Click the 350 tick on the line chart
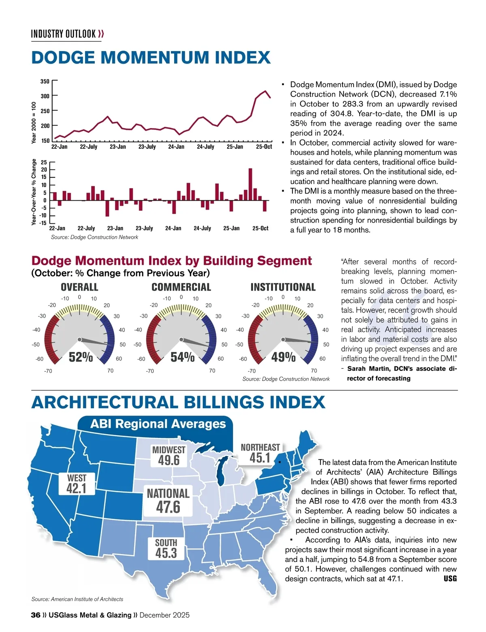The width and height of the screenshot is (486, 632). [x=45, y=81]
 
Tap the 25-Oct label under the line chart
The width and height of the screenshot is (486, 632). [x=264, y=147]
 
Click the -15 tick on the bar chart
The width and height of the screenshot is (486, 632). [x=43, y=223]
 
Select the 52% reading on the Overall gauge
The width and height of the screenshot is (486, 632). [x=81, y=357]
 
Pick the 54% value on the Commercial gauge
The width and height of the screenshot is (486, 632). [x=182, y=357]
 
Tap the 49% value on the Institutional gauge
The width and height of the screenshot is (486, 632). [x=283, y=357]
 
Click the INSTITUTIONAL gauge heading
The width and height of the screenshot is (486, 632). [x=283, y=287]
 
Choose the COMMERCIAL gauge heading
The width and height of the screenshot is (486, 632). [x=181, y=287]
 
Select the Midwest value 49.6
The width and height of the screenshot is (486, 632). [x=168, y=461]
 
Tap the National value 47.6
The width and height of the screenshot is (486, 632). [x=168, y=507]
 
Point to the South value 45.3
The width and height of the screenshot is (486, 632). [x=166, y=553]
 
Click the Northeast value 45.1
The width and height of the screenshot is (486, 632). [x=260, y=458]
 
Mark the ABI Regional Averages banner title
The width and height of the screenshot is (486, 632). [x=158, y=424]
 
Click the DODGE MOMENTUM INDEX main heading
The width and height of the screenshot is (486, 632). [x=151, y=58]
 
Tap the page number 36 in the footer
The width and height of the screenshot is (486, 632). [x=36, y=615]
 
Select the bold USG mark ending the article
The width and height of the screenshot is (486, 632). [x=450, y=578]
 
